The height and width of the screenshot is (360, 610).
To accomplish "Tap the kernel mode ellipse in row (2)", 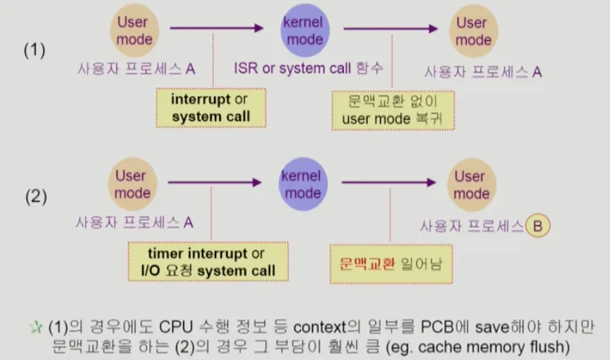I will point(302,184).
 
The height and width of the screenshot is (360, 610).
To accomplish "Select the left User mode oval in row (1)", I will point(133,31).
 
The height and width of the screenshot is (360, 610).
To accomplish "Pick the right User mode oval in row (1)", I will point(473,31).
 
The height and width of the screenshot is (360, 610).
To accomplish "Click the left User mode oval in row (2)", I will point(131,184).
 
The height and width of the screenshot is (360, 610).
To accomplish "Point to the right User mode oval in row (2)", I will point(470,184).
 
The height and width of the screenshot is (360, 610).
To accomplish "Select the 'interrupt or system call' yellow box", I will point(211,107).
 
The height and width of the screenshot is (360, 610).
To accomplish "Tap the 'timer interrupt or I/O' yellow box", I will point(208,262).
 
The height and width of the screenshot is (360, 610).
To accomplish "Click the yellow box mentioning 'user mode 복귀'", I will point(394,109).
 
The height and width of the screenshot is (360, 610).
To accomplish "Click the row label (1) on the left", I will point(35,51).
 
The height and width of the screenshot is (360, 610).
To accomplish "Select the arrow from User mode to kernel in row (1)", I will point(215,28).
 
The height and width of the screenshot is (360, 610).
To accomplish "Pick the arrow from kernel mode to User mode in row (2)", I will point(388,182).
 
